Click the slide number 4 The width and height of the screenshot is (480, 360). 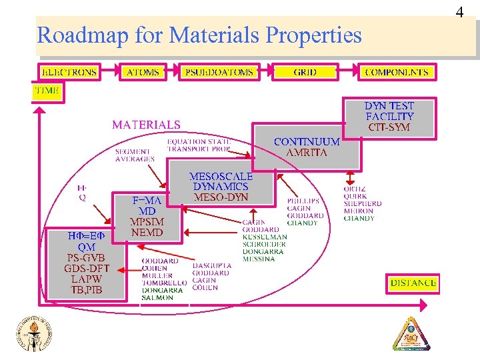coord(459,12)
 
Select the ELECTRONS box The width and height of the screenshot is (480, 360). coord(69,72)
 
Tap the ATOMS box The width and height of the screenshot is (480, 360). coord(143,72)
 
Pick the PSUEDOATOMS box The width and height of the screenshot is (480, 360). coord(219,72)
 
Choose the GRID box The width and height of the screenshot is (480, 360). coord(305,72)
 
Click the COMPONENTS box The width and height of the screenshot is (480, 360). coord(397,72)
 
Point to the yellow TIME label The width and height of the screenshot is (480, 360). coord(47,90)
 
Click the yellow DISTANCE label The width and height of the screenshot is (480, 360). coord(413,283)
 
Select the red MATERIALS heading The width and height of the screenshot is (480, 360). coord(146,125)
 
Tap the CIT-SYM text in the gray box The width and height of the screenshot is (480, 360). coord(389,127)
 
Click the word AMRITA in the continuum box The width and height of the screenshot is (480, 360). coord(306,153)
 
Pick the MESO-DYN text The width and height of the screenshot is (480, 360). coord(221,197)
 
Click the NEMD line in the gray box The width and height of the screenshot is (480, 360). coord(147,233)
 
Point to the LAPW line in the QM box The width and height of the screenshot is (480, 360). coord(85,279)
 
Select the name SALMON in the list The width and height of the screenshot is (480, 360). coord(157,298)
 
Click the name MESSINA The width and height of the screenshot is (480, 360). coord(258,259)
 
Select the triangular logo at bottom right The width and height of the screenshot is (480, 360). coord(410,333)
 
